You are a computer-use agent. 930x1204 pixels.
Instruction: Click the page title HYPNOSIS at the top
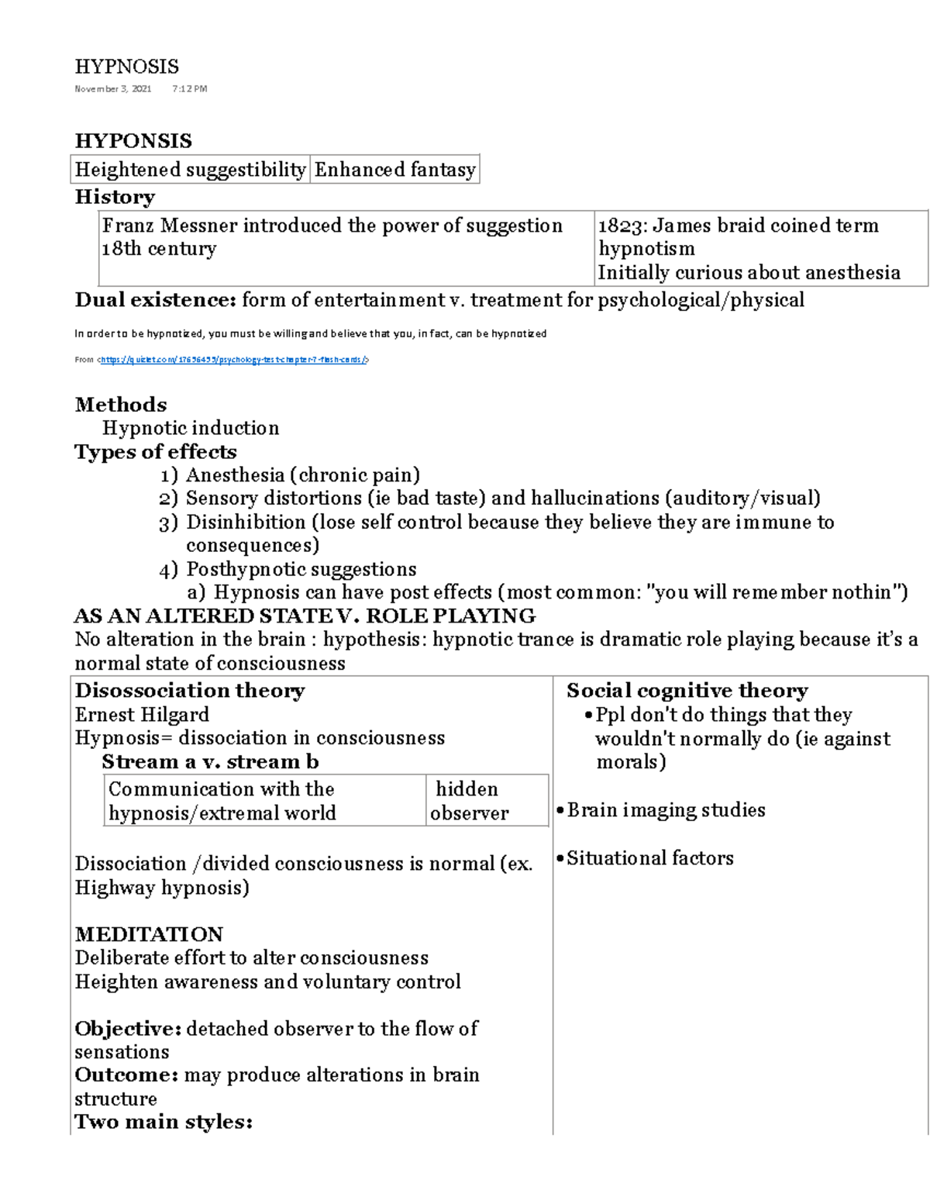[x=126, y=67]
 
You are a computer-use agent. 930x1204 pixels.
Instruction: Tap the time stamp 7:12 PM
[x=190, y=89]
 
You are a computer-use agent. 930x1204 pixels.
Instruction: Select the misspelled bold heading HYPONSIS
[x=133, y=141]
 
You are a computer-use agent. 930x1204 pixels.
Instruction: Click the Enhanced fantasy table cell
[x=394, y=170]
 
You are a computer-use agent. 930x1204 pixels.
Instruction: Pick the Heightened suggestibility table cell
[x=191, y=170]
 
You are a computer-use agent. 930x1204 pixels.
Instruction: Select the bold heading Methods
[x=121, y=405]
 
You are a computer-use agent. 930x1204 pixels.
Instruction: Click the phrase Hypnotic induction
[x=191, y=428]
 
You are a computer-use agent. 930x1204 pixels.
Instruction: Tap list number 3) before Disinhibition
[x=168, y=523]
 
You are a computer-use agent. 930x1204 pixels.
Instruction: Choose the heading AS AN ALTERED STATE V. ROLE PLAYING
[x=305, y=616]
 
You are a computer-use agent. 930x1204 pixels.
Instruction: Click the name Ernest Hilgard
[x=142, y=715]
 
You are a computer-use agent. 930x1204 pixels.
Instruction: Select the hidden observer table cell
[x=469, y=801]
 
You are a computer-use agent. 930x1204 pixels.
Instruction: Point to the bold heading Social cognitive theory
[x=687, y=691]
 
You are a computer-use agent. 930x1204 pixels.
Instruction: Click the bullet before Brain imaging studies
[x=560, y=811]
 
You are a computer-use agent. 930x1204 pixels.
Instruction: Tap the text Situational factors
[x=649, y=858]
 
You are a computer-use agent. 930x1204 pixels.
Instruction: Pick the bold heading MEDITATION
[x=149, y=934]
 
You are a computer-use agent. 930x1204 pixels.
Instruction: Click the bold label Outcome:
[x=129, y=1075]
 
